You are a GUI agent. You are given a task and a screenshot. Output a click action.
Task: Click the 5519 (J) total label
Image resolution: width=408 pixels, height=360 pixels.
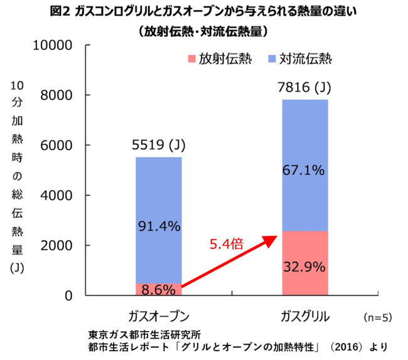158,146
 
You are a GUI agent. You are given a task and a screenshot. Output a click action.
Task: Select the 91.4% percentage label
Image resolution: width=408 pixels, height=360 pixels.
158,226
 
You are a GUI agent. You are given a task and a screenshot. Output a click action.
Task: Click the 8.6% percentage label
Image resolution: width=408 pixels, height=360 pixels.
158,290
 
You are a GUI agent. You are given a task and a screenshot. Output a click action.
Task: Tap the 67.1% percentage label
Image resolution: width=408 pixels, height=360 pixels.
304,170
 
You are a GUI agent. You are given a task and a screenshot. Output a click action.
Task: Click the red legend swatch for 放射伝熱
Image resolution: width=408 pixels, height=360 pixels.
190,60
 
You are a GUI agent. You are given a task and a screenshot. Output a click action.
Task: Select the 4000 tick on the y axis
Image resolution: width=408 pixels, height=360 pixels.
63,195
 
